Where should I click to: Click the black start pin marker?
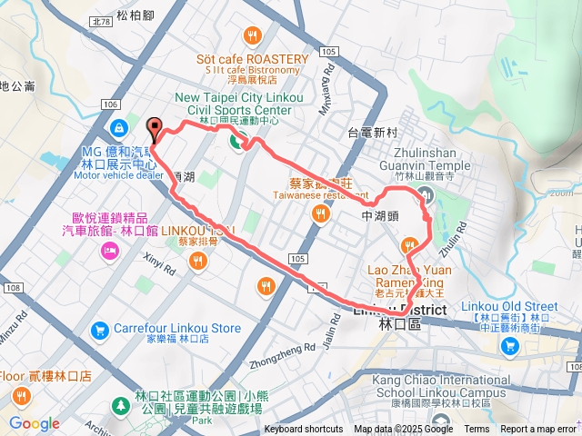point(153,129)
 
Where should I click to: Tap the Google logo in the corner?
point(34,423)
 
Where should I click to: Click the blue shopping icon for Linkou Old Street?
point(510,345)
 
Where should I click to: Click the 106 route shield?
point(112,105)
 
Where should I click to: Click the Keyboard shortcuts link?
point(304,430)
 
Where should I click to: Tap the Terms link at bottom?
point(477,430)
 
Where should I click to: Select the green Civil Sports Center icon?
point(239,141)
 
